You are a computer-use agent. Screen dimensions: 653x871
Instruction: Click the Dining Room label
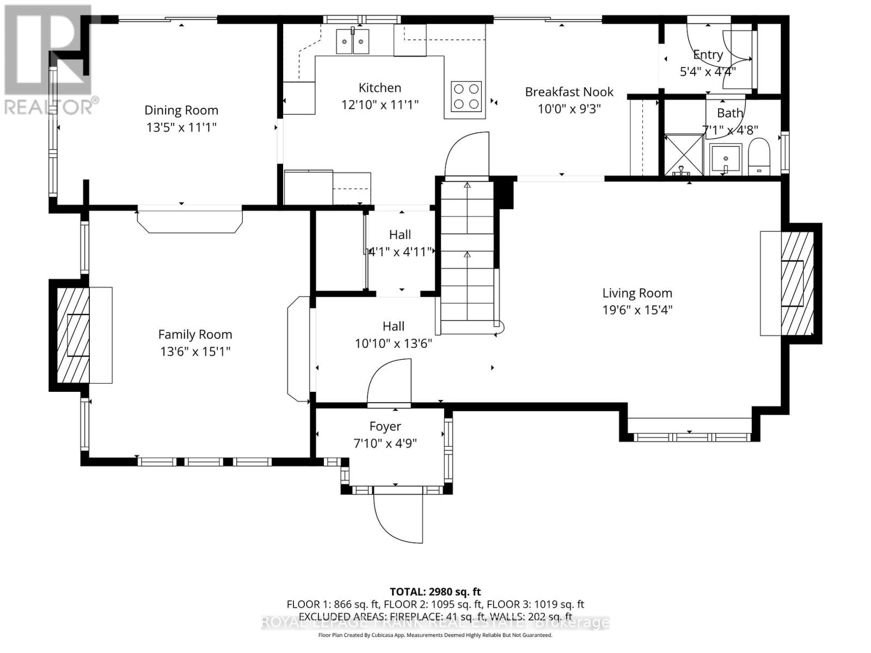coord(181,110)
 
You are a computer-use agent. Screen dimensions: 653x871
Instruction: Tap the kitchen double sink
coord(353,42)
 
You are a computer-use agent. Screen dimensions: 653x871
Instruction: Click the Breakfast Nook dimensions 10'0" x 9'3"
coord(569,109)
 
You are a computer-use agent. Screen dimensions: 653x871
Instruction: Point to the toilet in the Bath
coord(759,157)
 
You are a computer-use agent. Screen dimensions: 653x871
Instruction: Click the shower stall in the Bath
coord(684,155)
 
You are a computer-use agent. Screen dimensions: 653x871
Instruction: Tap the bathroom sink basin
coord(726,158)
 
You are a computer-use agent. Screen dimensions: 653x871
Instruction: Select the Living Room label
coord(637,293)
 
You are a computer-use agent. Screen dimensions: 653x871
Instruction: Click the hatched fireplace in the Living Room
coord(798,284)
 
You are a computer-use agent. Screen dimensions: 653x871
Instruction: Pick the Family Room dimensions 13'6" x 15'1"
coord(195,352)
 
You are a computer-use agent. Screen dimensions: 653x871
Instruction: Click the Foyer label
coord(385,427)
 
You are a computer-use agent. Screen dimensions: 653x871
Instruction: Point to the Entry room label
coord(708,54)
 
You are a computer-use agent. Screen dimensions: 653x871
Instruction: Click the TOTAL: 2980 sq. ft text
coord(435,592)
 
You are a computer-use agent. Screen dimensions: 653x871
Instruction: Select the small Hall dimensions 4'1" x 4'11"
coord(400,252)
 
